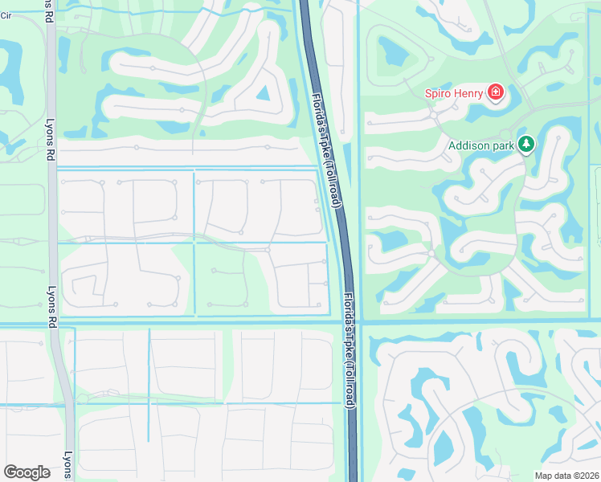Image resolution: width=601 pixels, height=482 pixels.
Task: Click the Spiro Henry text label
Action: [x=454, y=93]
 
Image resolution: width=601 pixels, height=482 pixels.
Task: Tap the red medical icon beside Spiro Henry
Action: [x=496, y=93]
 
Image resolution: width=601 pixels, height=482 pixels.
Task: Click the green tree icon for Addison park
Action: [x=526, y=145]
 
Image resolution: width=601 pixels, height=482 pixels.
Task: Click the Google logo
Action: [x=27, y=472]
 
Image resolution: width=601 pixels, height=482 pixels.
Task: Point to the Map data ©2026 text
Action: [x=566, y=476]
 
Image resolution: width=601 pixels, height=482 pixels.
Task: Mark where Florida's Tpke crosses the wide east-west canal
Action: [x=350, y=323]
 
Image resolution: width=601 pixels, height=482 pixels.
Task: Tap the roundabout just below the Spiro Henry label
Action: [x=434, y=115]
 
